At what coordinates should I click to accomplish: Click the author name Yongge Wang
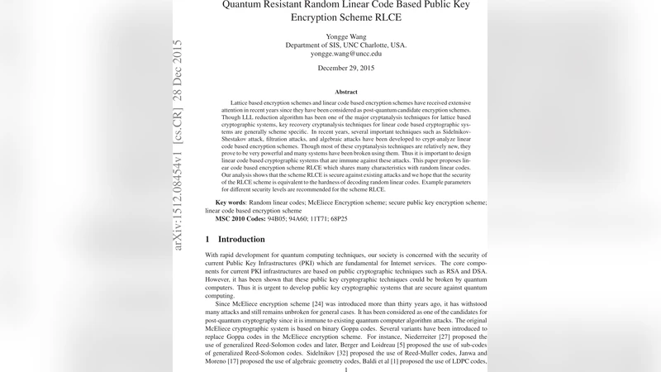pyautogui.click(x=346, y=36)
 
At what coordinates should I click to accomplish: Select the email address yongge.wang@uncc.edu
pyautogui.click(x=346, y=54)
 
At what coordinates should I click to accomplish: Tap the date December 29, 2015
pyautogui.click(x=346, y=69)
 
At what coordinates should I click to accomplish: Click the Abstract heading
pyautogui.click(x=346, y=92)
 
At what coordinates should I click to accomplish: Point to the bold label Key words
pyautogui.click(x=231, y=202)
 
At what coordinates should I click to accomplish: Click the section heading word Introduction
pyautogui.click(x=247, y=239)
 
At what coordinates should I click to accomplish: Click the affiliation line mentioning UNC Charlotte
pyautogui.click(x=346, y=45)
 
